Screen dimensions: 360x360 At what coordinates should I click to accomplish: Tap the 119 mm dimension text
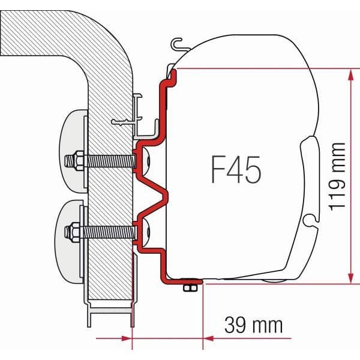[x=337, y=176]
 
